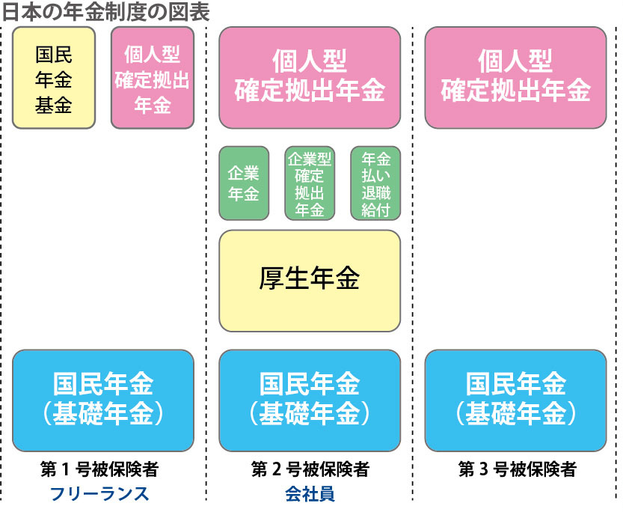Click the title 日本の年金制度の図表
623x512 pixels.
pyautogui.click(x=105, y=11)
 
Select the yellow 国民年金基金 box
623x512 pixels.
pyautogui.click(x=54, y=79)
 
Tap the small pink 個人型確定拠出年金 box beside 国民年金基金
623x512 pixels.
pyautogui.click(x=153, y=79)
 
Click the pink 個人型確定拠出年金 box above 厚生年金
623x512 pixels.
pyautogui.click(x=310, y=78)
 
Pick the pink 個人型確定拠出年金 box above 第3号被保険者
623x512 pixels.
pyautogui.click(x=515, y=78)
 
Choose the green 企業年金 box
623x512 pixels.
pyautogui.click(x=244, y=183)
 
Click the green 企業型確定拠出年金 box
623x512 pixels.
pyautogui.click(x=310, y=183)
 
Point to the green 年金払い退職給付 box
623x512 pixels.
pyautogui.click(x=375, y=183)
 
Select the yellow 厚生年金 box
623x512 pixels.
pyautogui.click(x=310, y=280)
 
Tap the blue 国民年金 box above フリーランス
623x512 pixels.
pyautogui.click(x=104, y=400)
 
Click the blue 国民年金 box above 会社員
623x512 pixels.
pyautogui.click(x=310, y=400)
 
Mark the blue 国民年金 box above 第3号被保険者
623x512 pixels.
pyautogui.click(x=515, y=400)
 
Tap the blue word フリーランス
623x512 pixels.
pyautogui.click(x=99, y=494)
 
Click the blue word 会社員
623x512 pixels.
pyautogui.click(x=310, y=494)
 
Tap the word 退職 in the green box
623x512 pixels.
pyautogui.click(x=375, y=196)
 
